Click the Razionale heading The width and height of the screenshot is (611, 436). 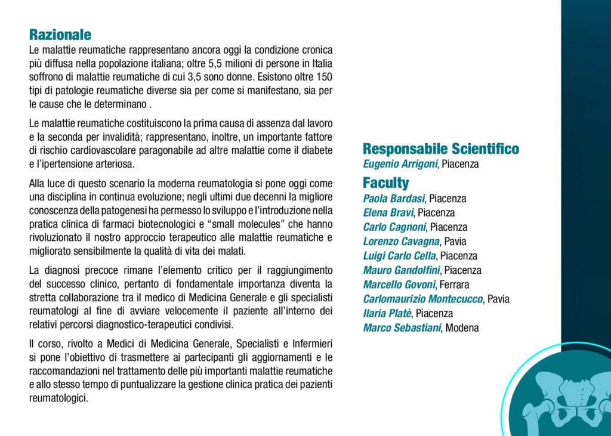tap(60, 35)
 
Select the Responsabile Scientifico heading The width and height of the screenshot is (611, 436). tap(440, 149)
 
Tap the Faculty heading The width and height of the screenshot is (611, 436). tap(385, 183)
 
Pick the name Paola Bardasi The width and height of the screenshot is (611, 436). tap(394, 199)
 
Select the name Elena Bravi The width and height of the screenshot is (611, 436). tap(388, 213)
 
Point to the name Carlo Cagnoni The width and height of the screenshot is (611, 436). tap(395, 227)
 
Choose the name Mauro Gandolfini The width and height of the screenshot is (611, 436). tap(402, 270)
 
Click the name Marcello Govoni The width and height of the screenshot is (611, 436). tap(399, 285)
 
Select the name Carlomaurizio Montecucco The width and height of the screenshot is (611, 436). tap(423, 299)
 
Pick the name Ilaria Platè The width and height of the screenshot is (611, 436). tap(387, 313)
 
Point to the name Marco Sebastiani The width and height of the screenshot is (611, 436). tap(402, 327)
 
